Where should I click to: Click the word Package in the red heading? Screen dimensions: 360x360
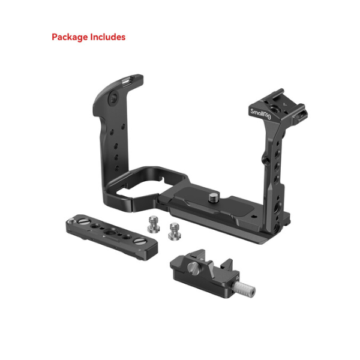coord(70,37)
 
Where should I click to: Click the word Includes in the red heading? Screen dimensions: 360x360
coord(107,37)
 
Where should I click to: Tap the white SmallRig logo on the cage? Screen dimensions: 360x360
coord(260,114)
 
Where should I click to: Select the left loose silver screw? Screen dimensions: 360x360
coord(154,224)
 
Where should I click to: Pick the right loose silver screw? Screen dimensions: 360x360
coord(174,232)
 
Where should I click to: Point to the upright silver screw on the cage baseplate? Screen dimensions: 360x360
coord(214,197)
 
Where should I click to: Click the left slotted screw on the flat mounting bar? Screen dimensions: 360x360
coord(84,222)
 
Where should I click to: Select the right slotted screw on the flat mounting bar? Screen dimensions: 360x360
coord(139,241)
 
